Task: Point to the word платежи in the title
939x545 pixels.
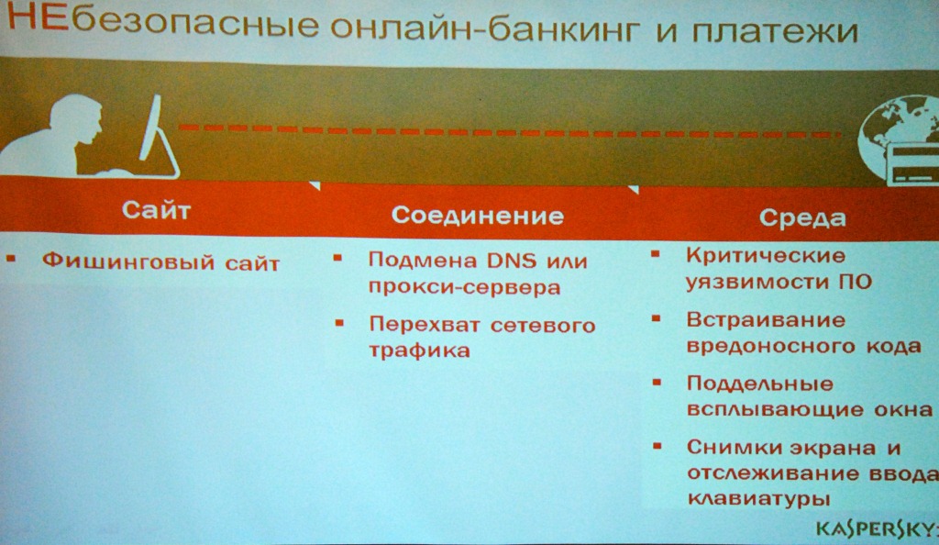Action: tap(775, 30)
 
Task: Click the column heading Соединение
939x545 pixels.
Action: tap(477, 215)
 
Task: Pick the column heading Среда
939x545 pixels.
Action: tap(802, 218)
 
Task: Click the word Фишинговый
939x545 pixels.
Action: tap(128, 261)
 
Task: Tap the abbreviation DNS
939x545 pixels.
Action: tap(512, 261)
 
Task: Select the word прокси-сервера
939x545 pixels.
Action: tap(464, 287)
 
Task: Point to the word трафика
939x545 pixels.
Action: tap(419, 350)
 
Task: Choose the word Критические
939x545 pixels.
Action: tap(766, 255)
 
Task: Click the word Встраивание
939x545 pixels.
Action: tap(766, 320)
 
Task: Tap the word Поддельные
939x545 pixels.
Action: tap(760, 384)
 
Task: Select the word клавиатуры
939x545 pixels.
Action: tap(758, 499)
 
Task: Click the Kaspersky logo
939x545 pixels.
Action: tap(877, 528)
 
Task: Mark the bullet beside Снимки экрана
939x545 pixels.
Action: tap(657, 446)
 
